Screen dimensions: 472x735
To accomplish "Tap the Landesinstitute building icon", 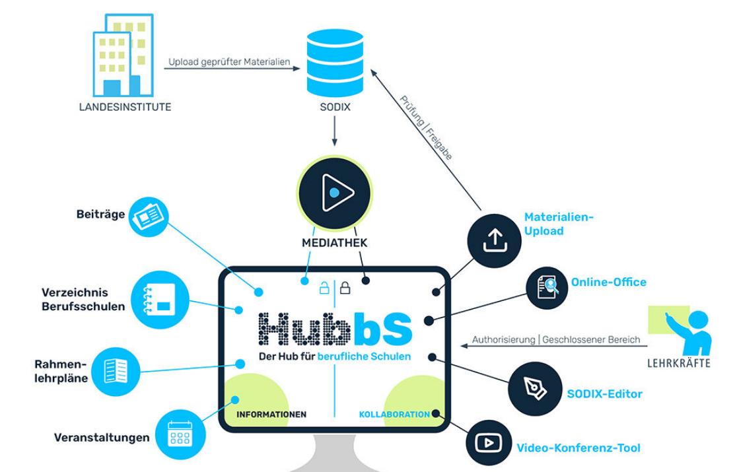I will (x=124, y=55).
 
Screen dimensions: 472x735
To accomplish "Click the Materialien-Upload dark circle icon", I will (x=494, y=240).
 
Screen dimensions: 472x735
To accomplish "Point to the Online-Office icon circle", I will (x=547, y=288).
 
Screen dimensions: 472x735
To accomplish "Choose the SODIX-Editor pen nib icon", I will (x=534, y=388).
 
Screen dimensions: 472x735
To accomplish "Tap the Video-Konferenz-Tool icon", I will (x=489, y=442).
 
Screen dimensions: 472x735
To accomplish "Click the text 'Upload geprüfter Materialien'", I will (x=229, y=62).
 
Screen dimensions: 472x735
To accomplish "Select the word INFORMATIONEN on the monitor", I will (x=271, y=415).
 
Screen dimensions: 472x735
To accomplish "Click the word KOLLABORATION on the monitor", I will (x=394, y=415).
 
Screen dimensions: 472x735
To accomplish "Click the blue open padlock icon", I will (x=324, y=288).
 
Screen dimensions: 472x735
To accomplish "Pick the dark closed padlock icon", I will (x=345, y=288).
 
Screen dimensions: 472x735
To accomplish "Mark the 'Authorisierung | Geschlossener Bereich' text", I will (x=555, y=340).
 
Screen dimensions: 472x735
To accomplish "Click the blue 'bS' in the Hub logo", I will (x=383, y=327).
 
